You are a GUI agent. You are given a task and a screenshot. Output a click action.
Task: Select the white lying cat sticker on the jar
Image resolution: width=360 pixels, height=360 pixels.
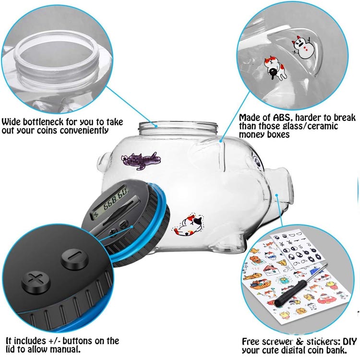pyautogui.click(x=189, y=225)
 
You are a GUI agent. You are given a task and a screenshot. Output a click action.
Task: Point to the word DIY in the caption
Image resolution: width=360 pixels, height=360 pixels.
pyautogui.click(x=349, y=341)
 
